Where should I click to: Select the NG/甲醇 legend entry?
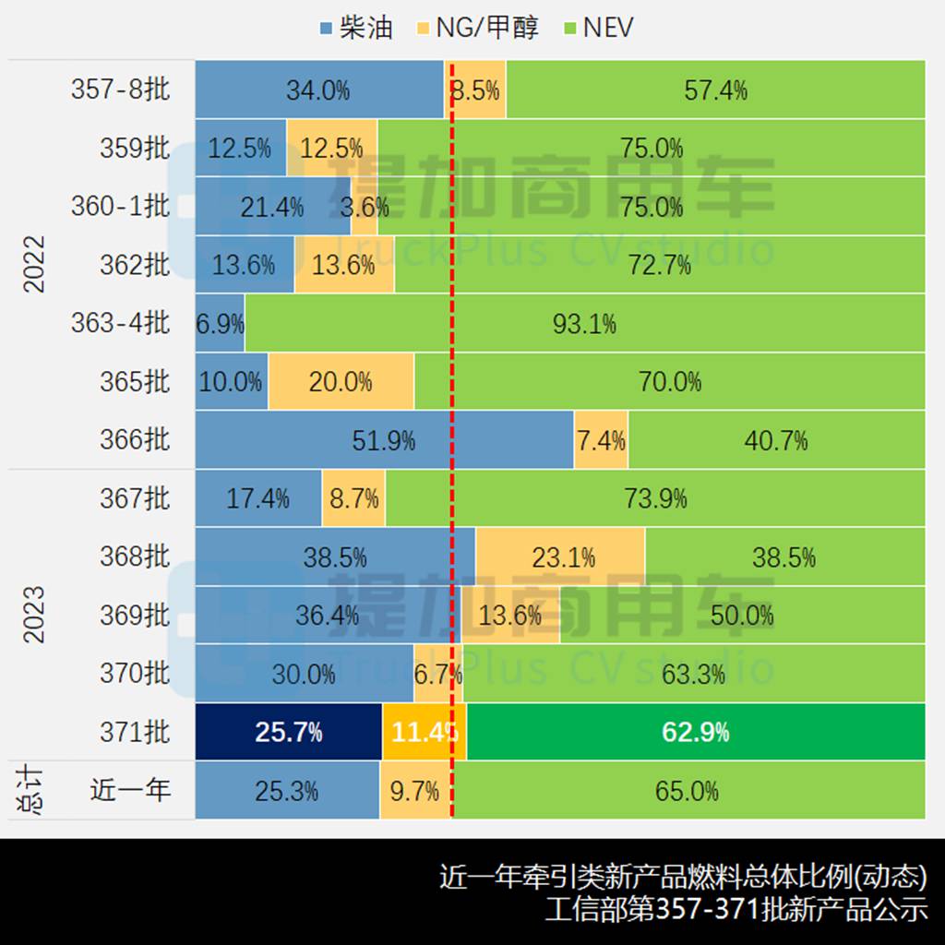(x=474, y=27)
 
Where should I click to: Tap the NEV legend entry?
(x=597, y=27)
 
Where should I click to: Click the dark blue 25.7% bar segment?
(x=288, y=733)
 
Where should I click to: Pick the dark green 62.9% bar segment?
(x=696, y=733)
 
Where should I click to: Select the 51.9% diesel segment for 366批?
(x=384, y=440)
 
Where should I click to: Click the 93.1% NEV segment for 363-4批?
(x=584, y=323)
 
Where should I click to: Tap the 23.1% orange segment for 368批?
(x=560, y=557)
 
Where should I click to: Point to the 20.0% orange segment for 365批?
(x=341, y=381)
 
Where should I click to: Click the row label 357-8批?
(x=120, y=90)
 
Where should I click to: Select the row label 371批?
(x=135, y=733)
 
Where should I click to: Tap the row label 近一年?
(x=130, y=791)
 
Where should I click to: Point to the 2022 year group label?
(x=34, y=265)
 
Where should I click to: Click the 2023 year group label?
(x=34, y=616)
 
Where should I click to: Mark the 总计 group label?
(x=34, y=791)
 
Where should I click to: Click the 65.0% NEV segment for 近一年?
(x=688, y=791)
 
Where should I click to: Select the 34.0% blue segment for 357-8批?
(x=318, y=90)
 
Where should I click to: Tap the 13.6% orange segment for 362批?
(x=344, y=265)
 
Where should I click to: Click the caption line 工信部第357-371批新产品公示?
(x=736, y=910)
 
